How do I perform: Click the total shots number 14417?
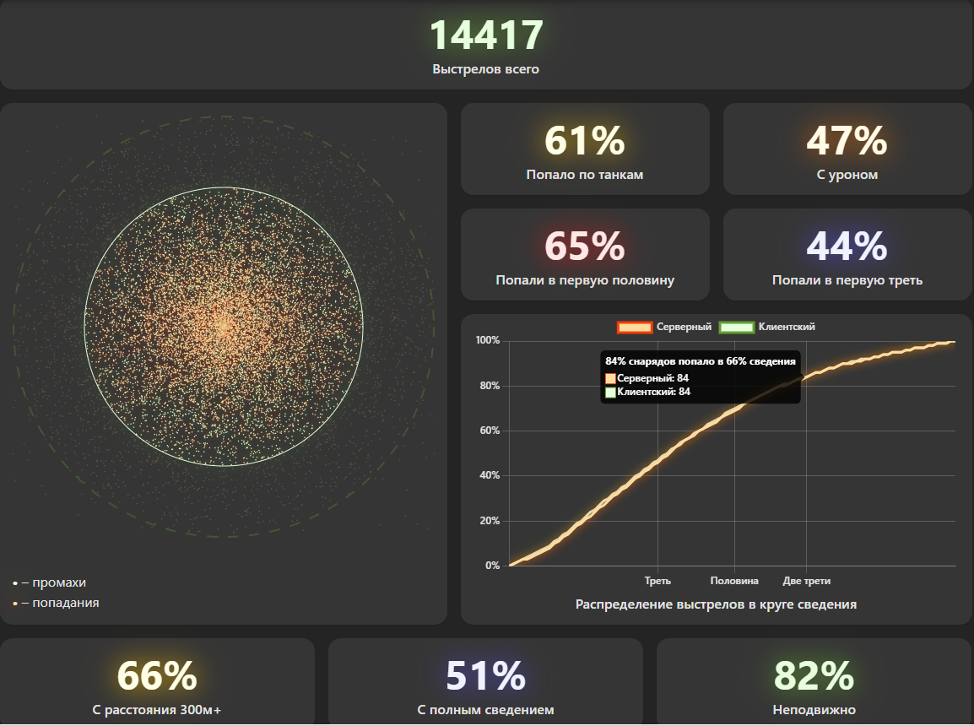(485, 35)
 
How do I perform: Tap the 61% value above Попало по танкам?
(584, 141)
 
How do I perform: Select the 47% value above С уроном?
(847, 141)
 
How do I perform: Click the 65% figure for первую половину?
(584, 247)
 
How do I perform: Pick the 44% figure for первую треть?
(847, 247)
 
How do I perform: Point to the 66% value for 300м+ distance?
(157, 675)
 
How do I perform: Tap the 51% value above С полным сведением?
(485, 675)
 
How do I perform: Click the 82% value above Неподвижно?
(814, 675)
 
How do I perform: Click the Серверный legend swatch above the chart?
(634, 328)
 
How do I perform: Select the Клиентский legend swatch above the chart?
(736, 328)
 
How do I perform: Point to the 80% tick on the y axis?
(488, 386)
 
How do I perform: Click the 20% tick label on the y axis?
(488, 521)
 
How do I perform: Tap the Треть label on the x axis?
(657, 581)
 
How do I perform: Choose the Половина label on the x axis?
(734, 581)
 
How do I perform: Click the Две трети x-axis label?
(806, 581)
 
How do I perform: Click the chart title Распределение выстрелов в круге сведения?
(716, 604)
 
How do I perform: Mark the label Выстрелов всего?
(485, 69)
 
